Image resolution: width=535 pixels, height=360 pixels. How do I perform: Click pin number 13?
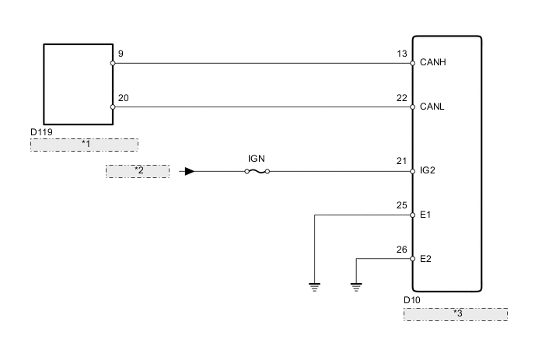401,54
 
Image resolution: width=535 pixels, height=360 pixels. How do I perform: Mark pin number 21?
401,161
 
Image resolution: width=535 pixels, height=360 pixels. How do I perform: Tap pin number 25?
401,205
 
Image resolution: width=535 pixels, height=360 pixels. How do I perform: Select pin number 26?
401,250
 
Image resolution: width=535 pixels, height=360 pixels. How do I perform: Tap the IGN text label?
257,158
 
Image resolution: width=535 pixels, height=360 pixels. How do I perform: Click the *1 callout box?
84,145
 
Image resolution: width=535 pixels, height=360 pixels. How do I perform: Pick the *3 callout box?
456,313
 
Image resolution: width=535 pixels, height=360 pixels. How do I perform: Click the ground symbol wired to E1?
314,286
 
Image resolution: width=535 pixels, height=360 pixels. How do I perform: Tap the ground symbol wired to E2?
356,286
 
